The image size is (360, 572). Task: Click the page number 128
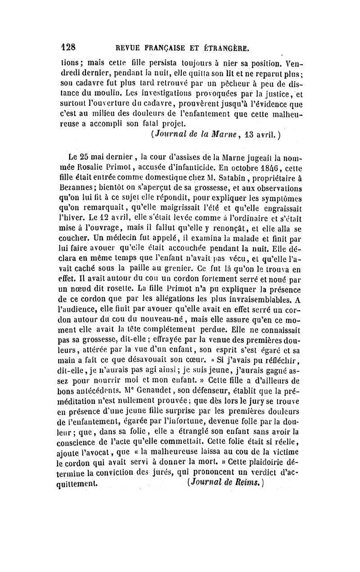pyautogui.click(x=70, y=47)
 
